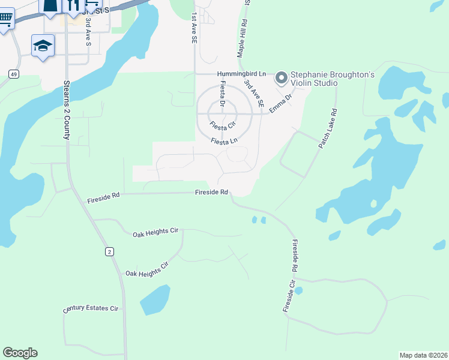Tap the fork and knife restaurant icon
[x=74, y=6]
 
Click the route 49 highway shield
[x=13, y=73]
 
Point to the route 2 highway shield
[x=109, y=251]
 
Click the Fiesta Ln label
[x=224, y=142]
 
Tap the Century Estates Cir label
[x=91, y=310]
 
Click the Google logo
[x=20, y=353]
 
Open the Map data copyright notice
[x=423, y=355]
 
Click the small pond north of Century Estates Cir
[x=155, y=299]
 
